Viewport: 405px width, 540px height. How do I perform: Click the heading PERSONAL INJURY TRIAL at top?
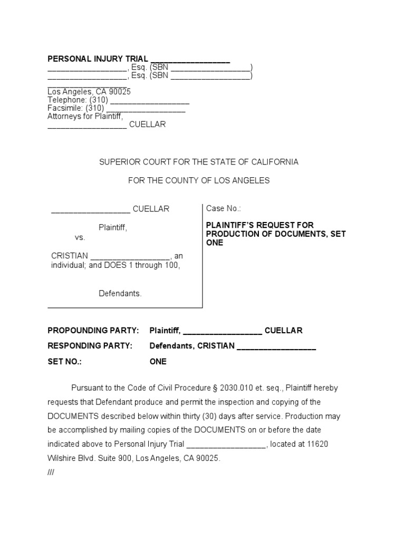coord(98,59)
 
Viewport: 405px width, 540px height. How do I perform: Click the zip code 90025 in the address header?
coord(120,91)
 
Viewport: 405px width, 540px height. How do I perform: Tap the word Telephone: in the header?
coord(67,100)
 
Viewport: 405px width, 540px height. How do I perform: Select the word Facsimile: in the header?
coord(66,108)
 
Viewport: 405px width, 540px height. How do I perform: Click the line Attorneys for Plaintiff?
coord(85,117)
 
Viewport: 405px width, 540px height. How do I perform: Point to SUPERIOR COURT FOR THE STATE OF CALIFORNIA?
coord(199,162)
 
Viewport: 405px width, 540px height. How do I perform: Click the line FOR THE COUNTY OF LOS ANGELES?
coord(199,180)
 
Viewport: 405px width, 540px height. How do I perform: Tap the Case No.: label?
coord(224,209)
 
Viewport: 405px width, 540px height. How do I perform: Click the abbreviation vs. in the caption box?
coord(80,237)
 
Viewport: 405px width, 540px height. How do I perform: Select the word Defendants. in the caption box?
coord(120,294)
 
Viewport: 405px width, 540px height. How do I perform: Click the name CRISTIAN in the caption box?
coord(70,256)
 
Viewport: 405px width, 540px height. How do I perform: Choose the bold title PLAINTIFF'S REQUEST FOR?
coord(259,225)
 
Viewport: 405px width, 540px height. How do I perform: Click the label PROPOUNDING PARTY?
coord(93,331)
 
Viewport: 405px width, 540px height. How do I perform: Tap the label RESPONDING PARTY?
coord(90,346)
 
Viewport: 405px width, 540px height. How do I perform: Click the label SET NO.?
coord(65,362)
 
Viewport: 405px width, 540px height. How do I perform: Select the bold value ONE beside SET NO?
coord(158,362)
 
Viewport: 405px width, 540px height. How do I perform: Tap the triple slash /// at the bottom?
coord(51,472)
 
